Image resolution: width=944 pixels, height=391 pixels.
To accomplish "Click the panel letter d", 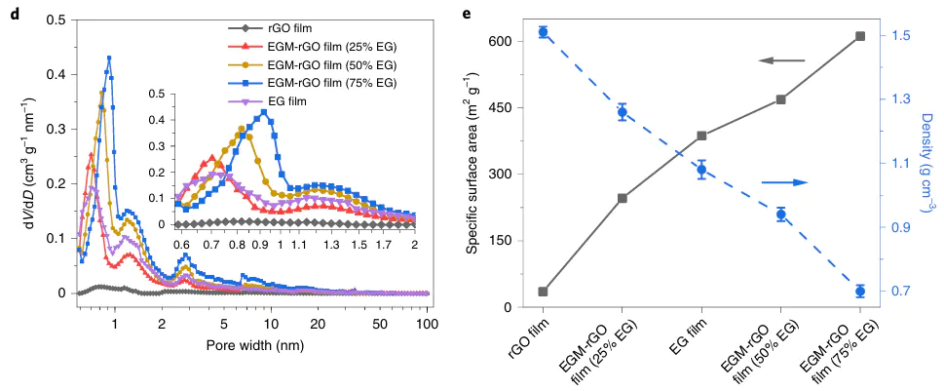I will [x=14, y=12].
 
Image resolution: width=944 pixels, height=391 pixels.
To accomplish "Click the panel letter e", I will [x=469, y=12].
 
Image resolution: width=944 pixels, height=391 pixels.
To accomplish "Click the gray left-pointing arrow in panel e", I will [x=781, y=61].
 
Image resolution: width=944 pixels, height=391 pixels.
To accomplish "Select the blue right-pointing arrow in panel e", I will [x=785, y=182].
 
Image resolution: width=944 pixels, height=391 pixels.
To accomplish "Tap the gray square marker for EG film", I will [x=701, y=137].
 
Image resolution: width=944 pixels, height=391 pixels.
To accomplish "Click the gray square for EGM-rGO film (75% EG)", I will [x=860, y=36].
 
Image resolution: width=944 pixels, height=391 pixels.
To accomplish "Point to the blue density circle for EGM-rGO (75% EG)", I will [x=860, y=292].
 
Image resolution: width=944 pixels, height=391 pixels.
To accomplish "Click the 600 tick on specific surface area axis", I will [x=498, y=41].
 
